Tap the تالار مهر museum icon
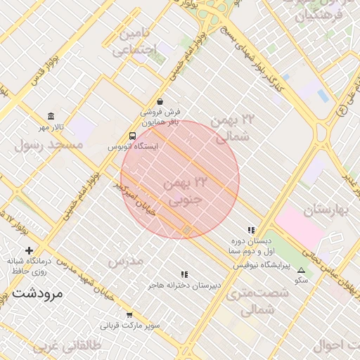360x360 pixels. point(51,116)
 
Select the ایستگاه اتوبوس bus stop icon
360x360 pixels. point(133,136)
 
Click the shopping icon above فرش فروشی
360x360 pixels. point(160,101)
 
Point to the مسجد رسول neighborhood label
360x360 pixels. point(49,144)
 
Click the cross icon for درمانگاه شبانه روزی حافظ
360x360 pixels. point(29,250)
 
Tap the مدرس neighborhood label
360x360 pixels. point(125,261)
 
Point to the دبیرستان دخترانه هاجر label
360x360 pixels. point(184,285)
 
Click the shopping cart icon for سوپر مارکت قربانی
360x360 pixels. point(129,315)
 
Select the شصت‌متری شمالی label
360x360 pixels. point(250,301)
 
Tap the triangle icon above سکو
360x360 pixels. point(302,270)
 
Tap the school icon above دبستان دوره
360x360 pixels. point(250,230)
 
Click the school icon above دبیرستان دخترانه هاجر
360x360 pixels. point(184,275)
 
